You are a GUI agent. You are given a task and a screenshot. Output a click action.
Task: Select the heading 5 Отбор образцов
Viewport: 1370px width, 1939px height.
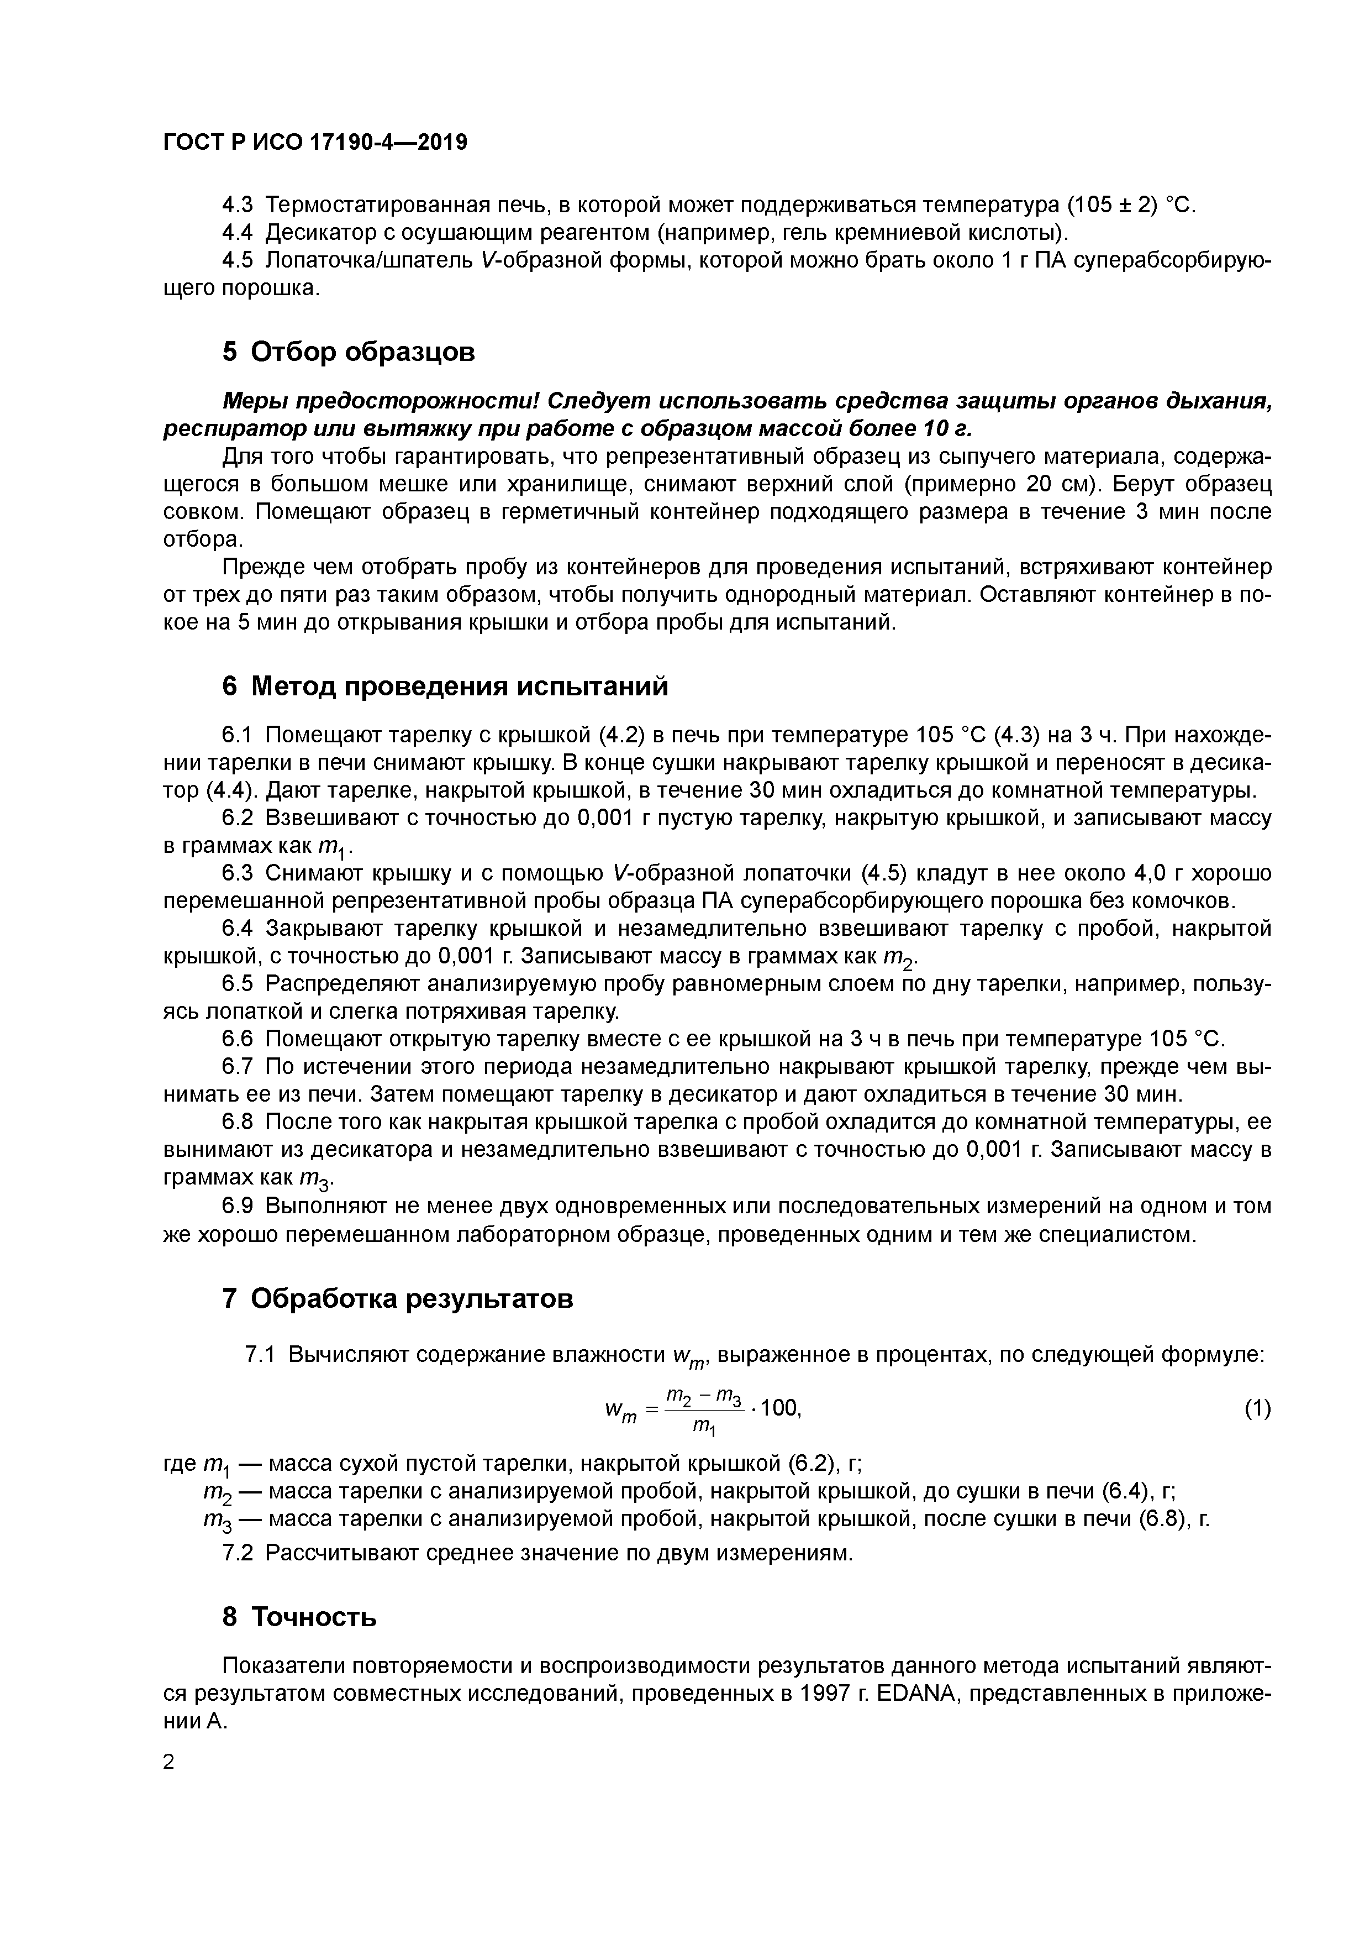(349, 352)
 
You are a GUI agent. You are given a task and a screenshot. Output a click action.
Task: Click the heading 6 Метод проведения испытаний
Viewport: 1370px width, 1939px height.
(445, 686)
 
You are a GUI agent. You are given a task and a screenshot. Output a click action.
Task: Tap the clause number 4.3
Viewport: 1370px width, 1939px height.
(238, 205)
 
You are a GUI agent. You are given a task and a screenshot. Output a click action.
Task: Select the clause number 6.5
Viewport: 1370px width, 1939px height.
(238, 984)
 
